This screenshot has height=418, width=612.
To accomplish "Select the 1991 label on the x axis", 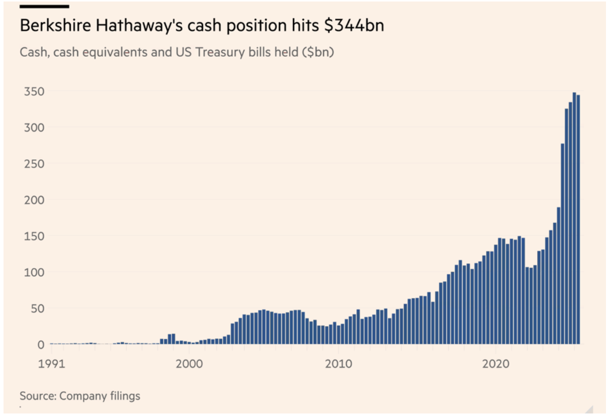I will [x=51, y=363].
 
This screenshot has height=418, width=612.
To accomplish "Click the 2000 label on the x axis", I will [x=190, y=363].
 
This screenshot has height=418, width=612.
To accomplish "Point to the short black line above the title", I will [x=44, y=7].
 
